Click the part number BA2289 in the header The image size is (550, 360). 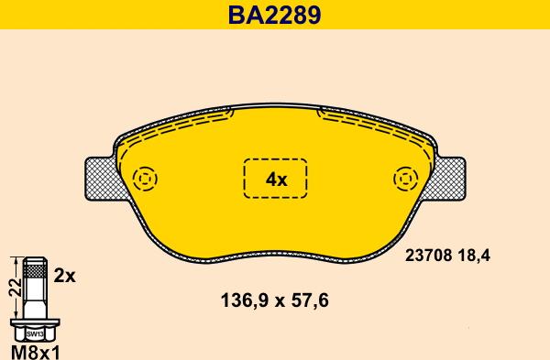click(x=275, y=16)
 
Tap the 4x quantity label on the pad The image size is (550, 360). click(x=276, y=180)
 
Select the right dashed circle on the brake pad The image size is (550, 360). click(x=405, y=178)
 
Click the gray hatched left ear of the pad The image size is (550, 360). click(x=99, y=179)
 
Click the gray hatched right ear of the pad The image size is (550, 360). click(x=451, y=179)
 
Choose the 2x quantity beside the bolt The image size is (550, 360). click(x=66, y=275)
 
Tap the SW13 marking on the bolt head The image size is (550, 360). click(x=35, y=333)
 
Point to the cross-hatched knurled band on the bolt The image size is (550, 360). click(x=35, y=270)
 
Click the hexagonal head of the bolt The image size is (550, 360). click(x=35, y=333)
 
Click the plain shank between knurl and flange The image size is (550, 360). click(x=35, y=298)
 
